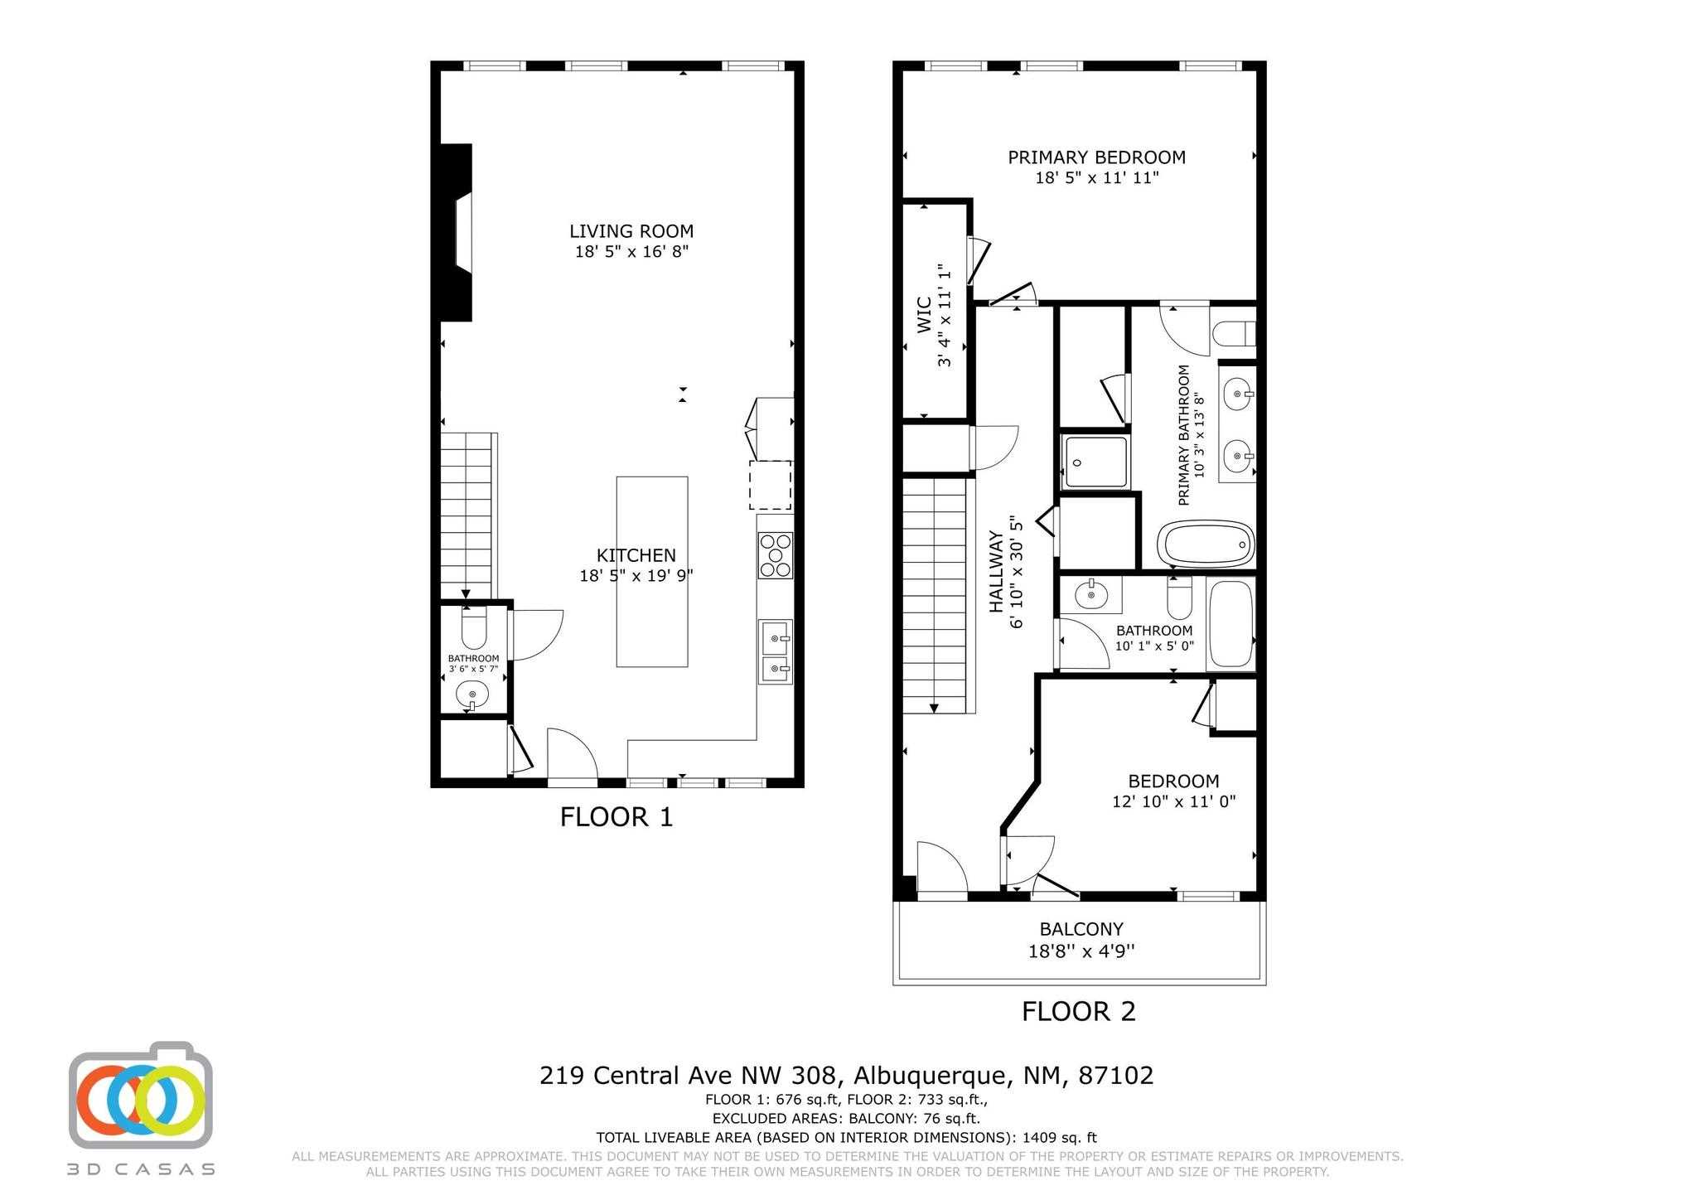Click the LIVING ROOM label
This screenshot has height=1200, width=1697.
(x=631, y=232)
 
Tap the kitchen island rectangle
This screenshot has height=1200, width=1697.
(x=652, y=571)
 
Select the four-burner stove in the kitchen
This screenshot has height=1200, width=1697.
(x=776, y=555)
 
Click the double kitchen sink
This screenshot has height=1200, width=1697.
(x=776, y=652)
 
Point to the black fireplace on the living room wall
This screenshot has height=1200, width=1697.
(x=455, y=232)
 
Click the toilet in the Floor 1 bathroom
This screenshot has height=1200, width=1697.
(x=474, y=630)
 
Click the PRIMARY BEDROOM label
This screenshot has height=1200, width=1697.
(x=1096, y=157)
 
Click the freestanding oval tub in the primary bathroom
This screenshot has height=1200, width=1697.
(x=1205, y=544)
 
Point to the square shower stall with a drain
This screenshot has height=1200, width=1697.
(x=1095, y=462)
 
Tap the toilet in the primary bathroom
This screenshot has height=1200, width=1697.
(x=1234, y=335)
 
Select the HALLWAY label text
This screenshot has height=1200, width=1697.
(x=996, y=572)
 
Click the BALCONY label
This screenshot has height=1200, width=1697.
(x=1081, y=929)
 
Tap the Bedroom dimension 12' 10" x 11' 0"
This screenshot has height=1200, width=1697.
(x=1173, y=801)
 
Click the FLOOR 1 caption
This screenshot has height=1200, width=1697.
(x=616, y=817)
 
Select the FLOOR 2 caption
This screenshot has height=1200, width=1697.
(x=1078, y=1011)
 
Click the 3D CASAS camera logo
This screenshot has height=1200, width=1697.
(x=141, y=1096)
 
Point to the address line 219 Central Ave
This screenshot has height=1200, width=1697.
(x=846, y=1076)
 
